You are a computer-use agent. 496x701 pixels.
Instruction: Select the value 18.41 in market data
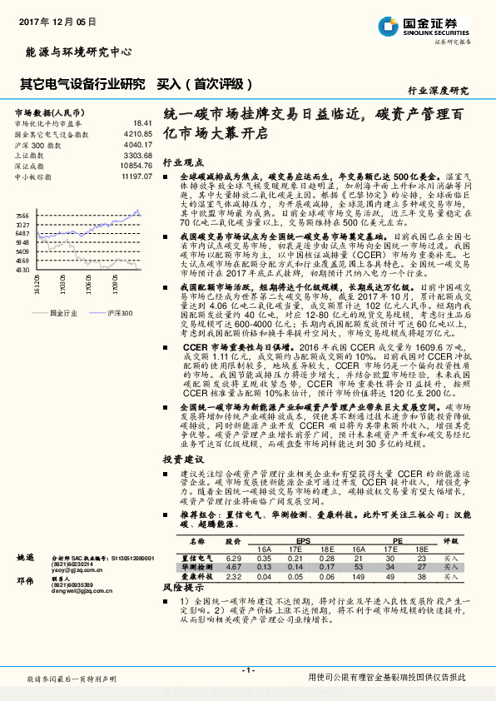coord(142,122)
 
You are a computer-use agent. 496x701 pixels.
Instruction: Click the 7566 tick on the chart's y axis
coord(22,215)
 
